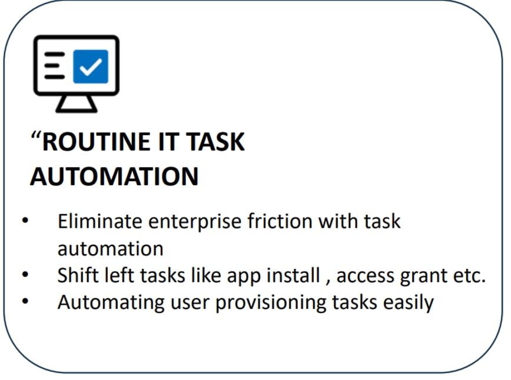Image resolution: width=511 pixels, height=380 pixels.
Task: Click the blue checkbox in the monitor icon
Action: coord(91,66)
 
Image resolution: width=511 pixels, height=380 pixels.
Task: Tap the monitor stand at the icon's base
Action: coord(77,104)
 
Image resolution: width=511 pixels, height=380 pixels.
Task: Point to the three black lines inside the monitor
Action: coord(54,65)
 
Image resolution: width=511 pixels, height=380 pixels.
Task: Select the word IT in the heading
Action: coord(168,142)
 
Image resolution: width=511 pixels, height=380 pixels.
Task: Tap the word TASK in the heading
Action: coord(215,142)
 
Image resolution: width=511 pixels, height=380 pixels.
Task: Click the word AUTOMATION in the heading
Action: coord(114,176)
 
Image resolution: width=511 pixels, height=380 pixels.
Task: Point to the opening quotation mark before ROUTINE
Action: coord(35,135)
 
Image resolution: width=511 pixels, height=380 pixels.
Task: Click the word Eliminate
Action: coord(100,221)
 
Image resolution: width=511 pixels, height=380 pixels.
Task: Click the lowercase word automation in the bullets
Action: coord(111,249)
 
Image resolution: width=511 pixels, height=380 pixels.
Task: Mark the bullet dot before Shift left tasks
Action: coord(25,275)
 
